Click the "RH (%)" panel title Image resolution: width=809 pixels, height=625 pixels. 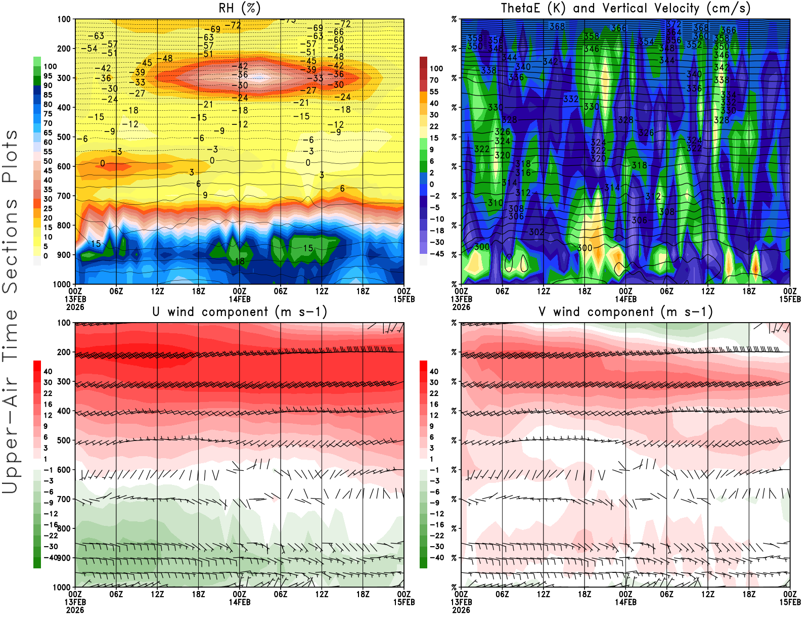(x=239, y=8)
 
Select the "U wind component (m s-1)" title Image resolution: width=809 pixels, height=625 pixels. (x=240, y=312)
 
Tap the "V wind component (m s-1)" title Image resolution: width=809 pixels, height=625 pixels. (x=625, y=312)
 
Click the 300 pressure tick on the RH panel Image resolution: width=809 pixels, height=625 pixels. (x=64, y=78)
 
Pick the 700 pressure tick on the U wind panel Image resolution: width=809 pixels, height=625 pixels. (x=64, y=500)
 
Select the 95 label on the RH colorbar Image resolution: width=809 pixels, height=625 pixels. (x=48, y=76)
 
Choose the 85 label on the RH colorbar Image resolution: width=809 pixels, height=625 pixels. (x=48, y=95)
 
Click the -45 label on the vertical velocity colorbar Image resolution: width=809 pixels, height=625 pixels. (x=437, y=254)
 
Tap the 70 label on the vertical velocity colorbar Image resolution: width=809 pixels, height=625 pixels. (x=434, y=80)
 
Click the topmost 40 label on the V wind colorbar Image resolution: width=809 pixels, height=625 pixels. (x=434, y=372)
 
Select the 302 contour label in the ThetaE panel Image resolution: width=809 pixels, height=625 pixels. (x=536, y=232)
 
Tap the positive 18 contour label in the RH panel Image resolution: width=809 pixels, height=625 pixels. (x=240, y=261)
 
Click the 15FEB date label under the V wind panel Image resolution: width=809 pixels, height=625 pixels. (x=790, y=602)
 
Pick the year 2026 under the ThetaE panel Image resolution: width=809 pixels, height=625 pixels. (x=461, y=307)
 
